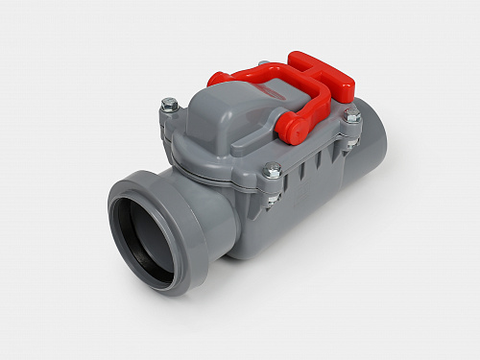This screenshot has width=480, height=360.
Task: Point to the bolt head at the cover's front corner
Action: [273, 170]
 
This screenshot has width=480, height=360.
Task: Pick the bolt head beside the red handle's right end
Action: [352, 115]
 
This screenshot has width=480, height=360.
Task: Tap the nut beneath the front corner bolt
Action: [274, 199]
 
